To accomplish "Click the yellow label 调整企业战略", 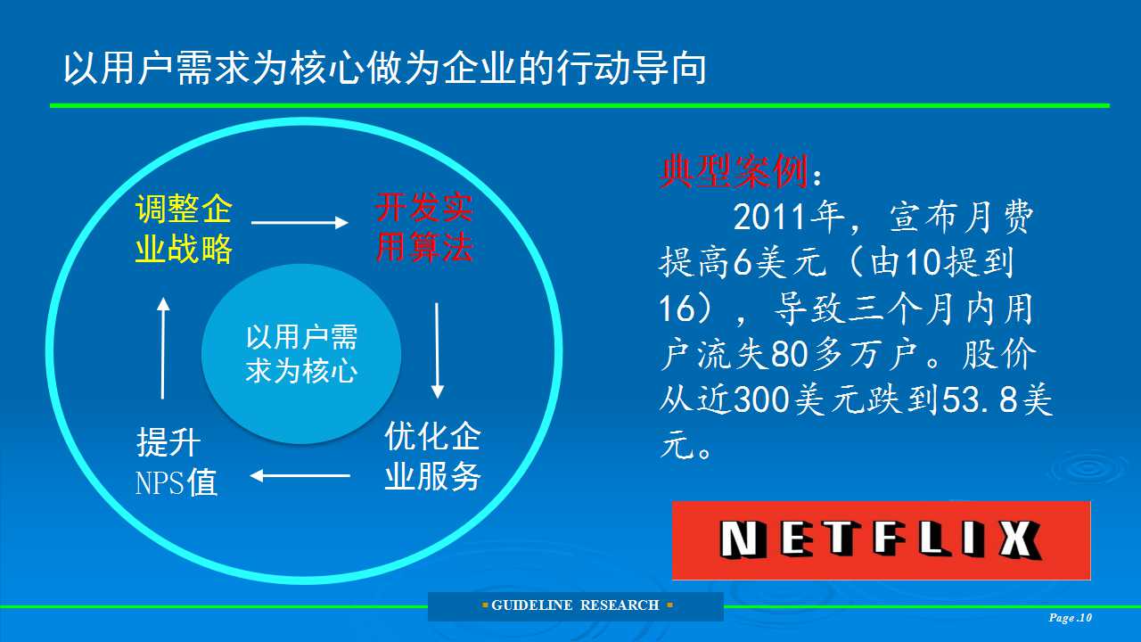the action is tap(184, 229).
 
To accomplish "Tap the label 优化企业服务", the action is tap(432, 456).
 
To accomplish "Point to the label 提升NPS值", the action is tap(176, 462).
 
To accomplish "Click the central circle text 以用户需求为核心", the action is tap(301, 354).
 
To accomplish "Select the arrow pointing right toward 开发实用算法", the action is tap(300, 223).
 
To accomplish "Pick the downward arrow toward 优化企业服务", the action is tap(437, 350).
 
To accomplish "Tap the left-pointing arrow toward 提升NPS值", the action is tap(300, 476).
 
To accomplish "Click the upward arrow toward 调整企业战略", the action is tap(163, 348).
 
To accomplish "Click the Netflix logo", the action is tap(882, 540).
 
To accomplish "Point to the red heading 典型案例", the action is tap(734, 172).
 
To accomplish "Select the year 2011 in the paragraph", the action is tap(769, 217).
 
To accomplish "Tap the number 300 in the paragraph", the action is tap(761, 399).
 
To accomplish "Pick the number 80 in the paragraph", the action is tap(789, 354).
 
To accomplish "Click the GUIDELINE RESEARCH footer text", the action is tap(576, 605).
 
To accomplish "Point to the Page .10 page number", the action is tap(1071, 618).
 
